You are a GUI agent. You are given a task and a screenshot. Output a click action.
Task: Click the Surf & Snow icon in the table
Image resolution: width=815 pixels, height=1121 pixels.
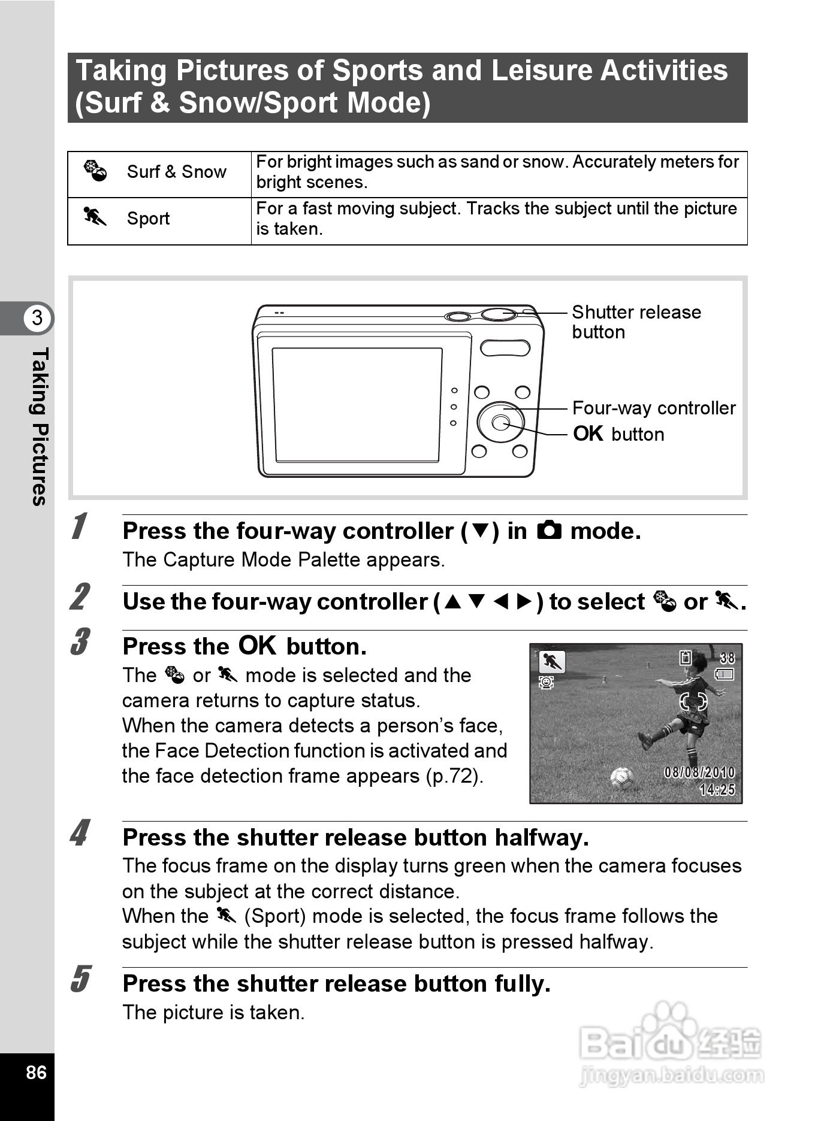[x=95, y=171]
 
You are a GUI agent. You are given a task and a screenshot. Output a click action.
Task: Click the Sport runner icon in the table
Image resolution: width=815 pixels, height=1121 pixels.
[x=95, y=217]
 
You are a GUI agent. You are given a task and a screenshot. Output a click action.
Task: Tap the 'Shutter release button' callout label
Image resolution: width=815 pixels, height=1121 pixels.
[x=636, y=322]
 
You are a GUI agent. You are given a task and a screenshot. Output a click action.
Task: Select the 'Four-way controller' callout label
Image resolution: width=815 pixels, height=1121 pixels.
[x=654, y=408]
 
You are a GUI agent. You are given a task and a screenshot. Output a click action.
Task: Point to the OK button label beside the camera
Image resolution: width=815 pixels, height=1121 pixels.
[x=618, y=434]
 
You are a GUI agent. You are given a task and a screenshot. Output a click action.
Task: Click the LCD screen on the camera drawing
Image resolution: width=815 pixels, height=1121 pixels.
[x=357, y=405]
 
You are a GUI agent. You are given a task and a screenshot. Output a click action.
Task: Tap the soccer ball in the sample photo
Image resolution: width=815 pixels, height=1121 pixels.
[x=622, y=778]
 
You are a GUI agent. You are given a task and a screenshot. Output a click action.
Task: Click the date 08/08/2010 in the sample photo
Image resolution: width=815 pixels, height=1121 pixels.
[x=699, y=772]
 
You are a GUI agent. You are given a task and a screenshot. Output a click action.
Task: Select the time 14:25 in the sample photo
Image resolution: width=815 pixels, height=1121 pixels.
[x=717, y=790]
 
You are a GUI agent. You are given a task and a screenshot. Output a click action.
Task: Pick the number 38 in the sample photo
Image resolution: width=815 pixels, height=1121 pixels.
[x=726, y=658]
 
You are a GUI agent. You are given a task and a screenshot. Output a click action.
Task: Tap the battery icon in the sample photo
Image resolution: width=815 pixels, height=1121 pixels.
[x=725, y=675]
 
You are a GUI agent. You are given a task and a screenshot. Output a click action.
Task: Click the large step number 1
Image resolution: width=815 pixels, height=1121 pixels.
[x=79, y=526]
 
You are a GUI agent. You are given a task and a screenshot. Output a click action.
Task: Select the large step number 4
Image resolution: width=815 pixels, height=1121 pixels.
[x=79, y=833]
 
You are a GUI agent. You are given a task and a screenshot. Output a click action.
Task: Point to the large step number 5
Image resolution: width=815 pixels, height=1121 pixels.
[x=80, y=979]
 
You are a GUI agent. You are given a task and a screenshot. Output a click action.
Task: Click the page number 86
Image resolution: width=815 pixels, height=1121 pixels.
[x=36, y=1072]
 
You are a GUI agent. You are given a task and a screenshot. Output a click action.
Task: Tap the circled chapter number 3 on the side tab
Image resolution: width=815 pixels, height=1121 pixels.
[x=37, y=317]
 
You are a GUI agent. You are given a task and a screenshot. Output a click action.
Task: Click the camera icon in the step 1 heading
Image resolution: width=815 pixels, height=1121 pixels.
[x=549, y=531]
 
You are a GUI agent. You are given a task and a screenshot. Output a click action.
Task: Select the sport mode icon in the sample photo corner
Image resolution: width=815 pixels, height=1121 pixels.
[x=551, y=662]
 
